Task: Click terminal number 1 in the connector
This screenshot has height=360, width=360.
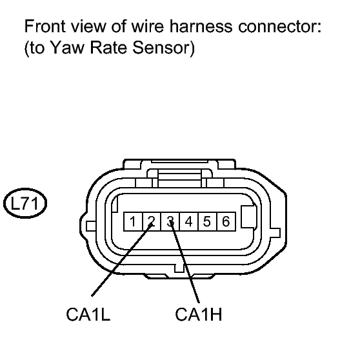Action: (x=133, y=221)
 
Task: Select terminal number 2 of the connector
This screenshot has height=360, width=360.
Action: (x=152, y=221)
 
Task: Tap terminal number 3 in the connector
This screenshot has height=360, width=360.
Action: (x=170, y=221)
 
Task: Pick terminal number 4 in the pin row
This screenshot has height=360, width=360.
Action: (x=189, y=221)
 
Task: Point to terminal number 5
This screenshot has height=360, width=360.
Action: (x=207, y=221)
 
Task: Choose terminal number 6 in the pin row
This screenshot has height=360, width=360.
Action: (x=226, y=221)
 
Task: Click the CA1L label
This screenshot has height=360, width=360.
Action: (x=88, y=314)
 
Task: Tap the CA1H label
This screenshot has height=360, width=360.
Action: (x=199, y=314)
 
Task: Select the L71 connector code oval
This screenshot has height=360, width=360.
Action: (x=25, y=203)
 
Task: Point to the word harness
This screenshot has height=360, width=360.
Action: (x=201, y=26)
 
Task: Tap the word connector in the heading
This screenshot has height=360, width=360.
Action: (x=279, y=26)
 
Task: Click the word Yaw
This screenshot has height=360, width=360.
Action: (x=66, y=48)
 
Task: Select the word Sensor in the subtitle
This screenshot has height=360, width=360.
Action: (x=161, y=48)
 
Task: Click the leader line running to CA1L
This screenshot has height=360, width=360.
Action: (x=122, y=260)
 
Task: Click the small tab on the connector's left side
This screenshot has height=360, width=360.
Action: (x=91, y=226)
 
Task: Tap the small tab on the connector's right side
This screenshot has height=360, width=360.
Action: (x=275, y=233)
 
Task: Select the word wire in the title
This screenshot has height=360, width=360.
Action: (x=148, y=26)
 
